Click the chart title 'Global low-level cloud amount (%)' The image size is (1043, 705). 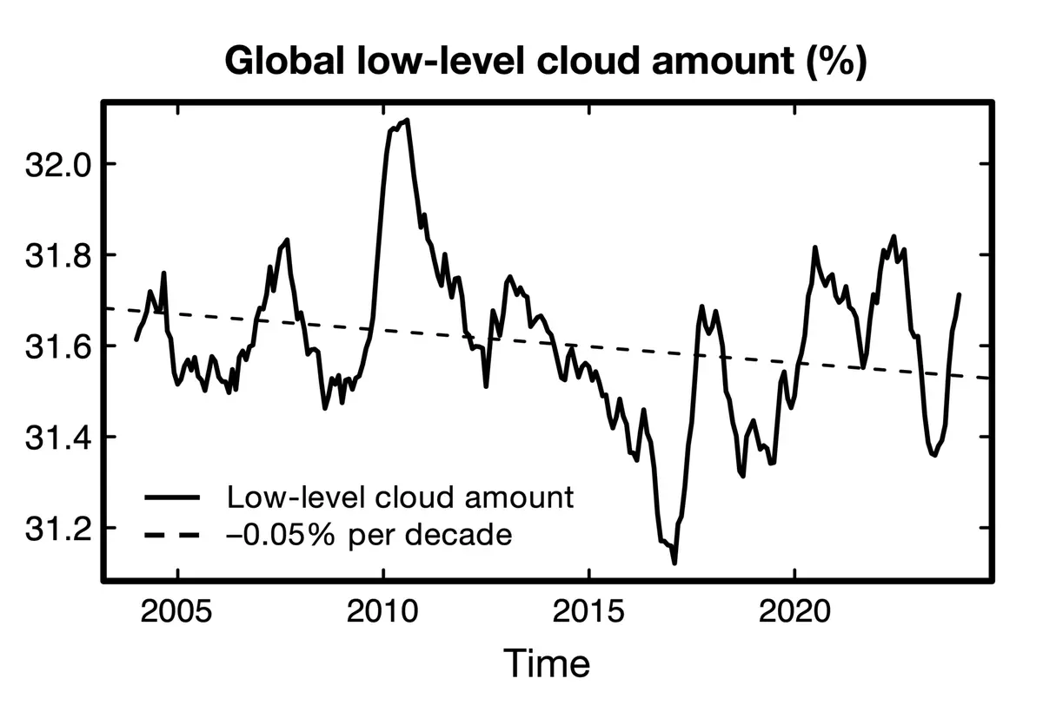pyautogui.click(x=546, y=62)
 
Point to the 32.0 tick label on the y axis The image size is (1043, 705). pyautogui.click(x=57, y=165)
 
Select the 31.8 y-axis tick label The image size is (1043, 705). pyautogui.click(x=57, y=255)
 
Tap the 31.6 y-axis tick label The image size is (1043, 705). pyautogui.click(x=57, y=346)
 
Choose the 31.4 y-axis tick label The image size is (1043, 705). pyautogui.click(x=57, y=438)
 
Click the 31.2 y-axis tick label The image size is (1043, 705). pyautogui.click(x=57, y=529)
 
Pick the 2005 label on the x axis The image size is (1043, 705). pyautogui.click(x=176, y=611)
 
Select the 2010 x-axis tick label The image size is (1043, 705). pyautogui.click(x=382, y=611)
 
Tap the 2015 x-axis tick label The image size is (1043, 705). pyautogui.click(x=588, y=611)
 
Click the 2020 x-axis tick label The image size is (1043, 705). pyautogui.click(x=794, y=611)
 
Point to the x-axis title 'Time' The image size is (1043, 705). pyautogui.click(x=547, y=663)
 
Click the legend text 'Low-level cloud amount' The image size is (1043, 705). pyautogui.click(x=401, y=497)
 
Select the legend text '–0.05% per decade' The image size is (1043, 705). pyautogui.click(x=369, y=534)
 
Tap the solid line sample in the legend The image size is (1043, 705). pyautogui.click(x=172, y=497)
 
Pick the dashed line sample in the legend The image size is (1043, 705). pyautogui.click(x=172, y=535)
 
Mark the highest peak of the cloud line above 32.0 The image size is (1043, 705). pyautogui.click(x=408, y=120)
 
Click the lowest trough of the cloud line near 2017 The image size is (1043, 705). pyautogui.click(x=674, y=563)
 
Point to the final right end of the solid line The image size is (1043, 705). pyautogui.click(x=960, y=294)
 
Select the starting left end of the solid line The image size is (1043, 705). pyautogui.click(x=136, y=340)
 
